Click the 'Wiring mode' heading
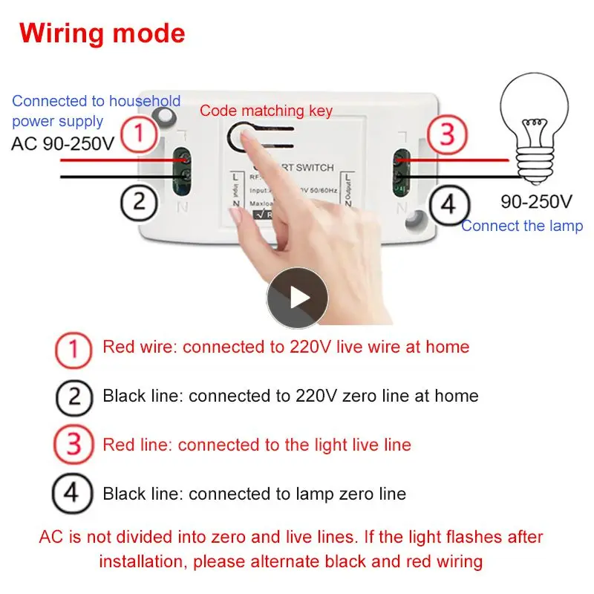coord(102,33)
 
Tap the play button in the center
coord(297,298)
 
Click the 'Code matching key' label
coord(266,111)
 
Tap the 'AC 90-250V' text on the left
coord(63,143)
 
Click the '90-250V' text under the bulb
coord(535,201)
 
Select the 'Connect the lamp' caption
coord(522,226)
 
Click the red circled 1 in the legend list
coord(74,347)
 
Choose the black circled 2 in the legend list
coord(74,396)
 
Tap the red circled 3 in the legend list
coord(74,446)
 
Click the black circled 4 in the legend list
coord(74,494)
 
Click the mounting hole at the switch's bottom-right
coord(414,218)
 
